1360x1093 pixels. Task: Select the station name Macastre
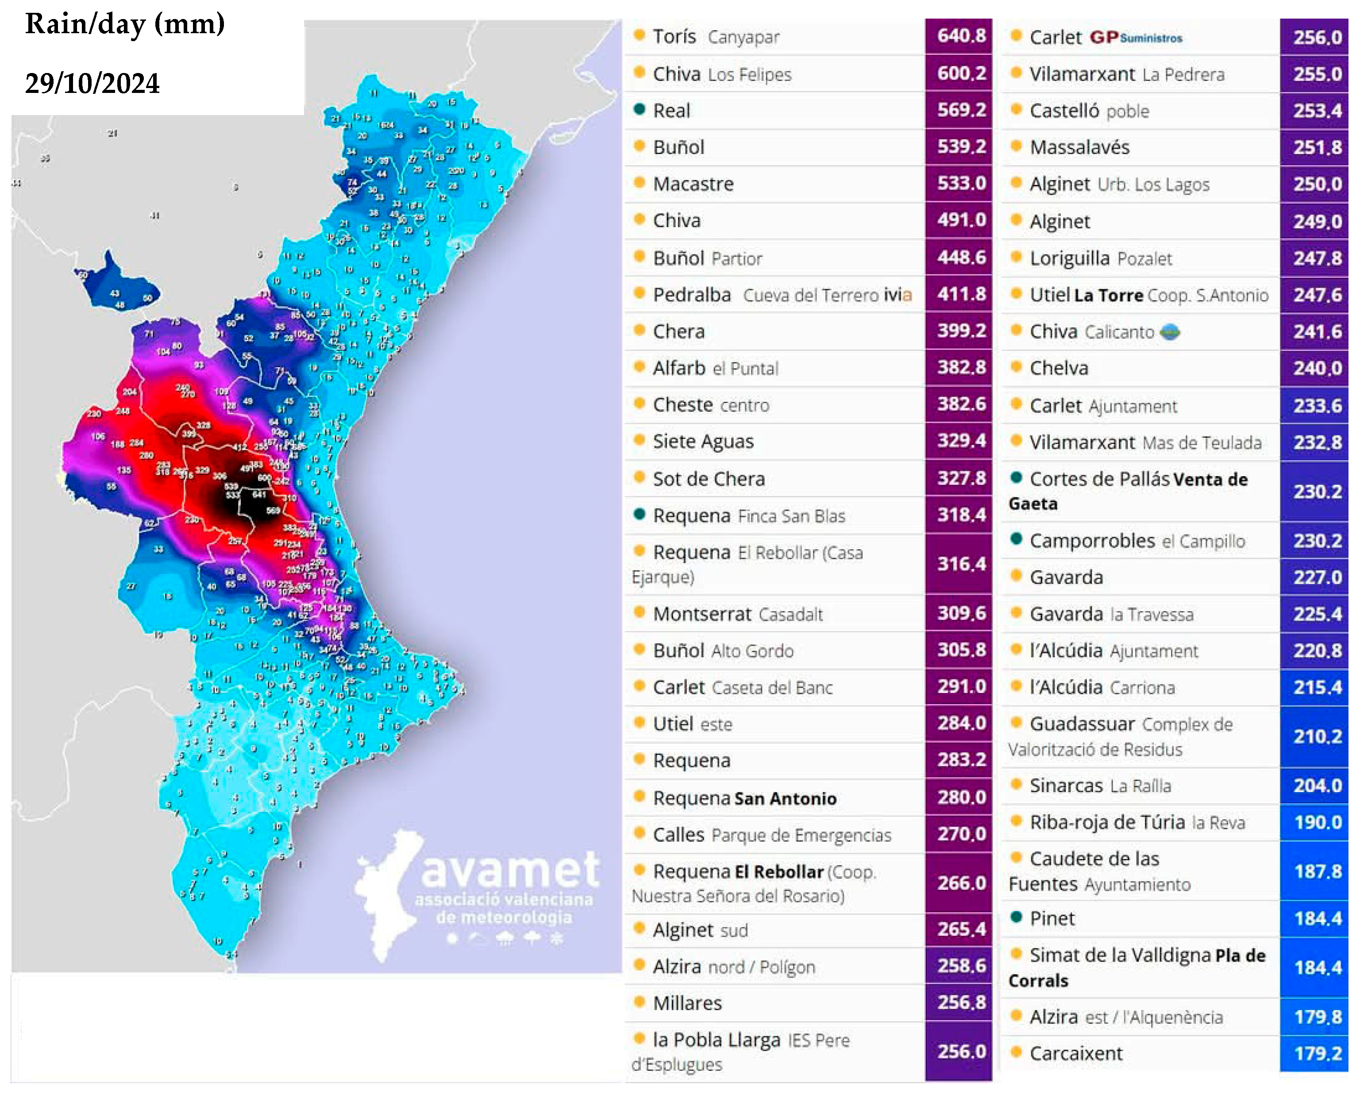[693, 184]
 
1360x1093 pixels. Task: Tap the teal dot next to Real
[639, 110]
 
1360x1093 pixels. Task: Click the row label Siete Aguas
[703, 442]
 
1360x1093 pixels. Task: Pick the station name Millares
[687, 1004]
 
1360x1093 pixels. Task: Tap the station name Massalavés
[1079, 148]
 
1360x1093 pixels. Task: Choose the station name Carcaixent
[1075, 1053]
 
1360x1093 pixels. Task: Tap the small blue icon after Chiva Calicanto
[1170, 332]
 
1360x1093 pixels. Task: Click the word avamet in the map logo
[510, 870]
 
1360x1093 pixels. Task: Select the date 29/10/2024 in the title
[92, 83]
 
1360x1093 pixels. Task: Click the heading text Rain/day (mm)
[125, 24]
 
